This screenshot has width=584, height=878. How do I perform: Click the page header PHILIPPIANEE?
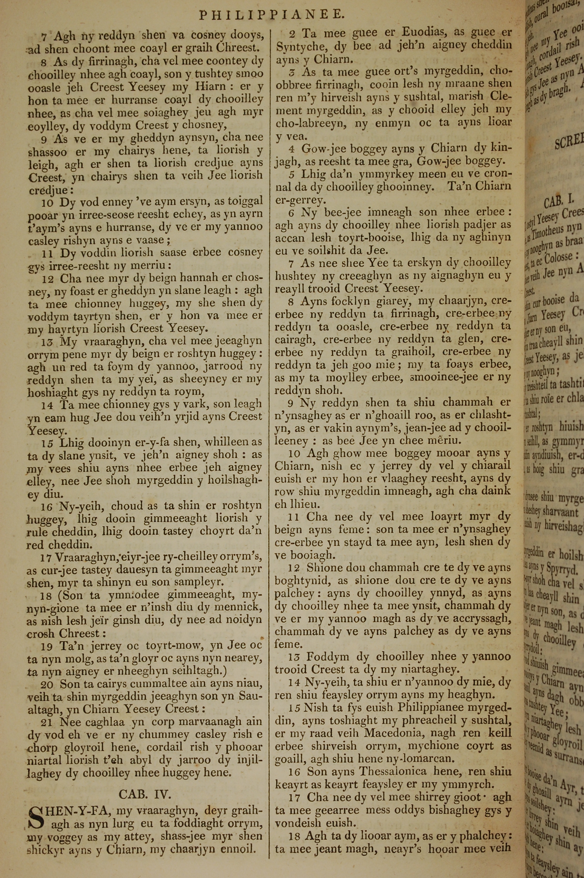coord(270,15)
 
